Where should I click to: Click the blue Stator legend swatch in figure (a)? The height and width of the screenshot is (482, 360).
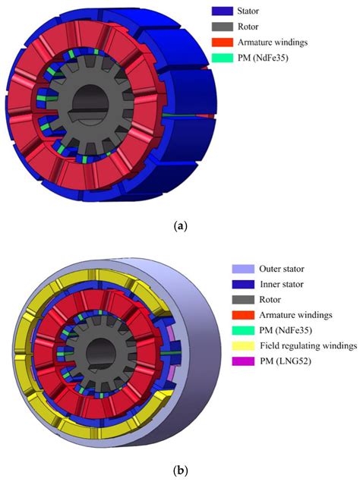(x=223, y=11)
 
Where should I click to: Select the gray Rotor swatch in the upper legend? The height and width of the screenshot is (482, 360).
(x=223, y=27)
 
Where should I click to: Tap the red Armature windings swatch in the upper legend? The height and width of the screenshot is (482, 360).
(x=223, y=42)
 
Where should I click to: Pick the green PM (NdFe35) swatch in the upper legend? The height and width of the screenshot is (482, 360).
(x=223, y=58)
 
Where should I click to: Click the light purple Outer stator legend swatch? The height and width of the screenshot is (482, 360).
(x=243, y=269)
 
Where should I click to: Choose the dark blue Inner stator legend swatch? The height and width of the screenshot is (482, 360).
(x=243, y=284)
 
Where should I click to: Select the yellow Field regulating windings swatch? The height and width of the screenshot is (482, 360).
(x=243, y=345)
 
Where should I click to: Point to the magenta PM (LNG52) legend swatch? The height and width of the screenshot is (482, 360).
(x=243, y=361)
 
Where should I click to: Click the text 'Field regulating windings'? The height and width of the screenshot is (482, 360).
(x=308, y=346)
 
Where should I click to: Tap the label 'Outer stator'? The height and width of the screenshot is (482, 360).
(x=282, y=269)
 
